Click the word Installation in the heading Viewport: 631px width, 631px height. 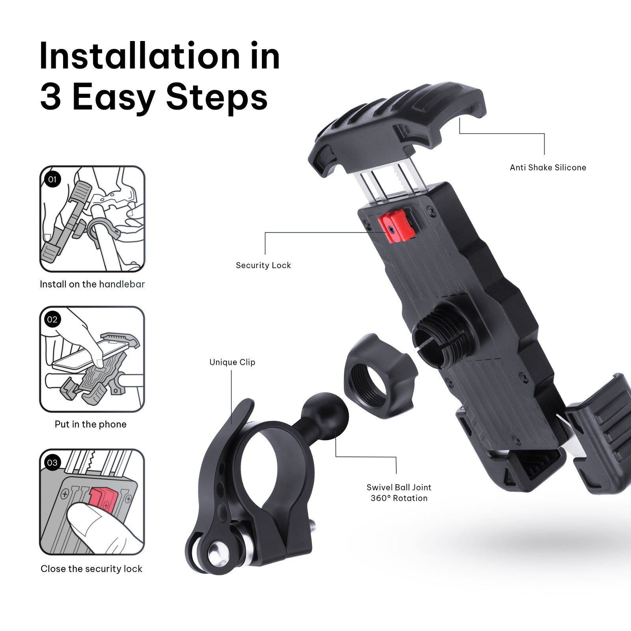(x=140, y=56)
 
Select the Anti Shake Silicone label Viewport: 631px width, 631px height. (x=548, y=168)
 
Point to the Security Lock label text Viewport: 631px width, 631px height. (x=263, y=265)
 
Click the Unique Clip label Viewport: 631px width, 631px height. (x=232, y=362)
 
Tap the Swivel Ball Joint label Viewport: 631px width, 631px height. (x=399, y=487)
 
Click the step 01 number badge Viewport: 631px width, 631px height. (x=52, y=179)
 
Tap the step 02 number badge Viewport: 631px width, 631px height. (x=52, y=319)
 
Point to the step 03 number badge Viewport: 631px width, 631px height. (x=52, y=462)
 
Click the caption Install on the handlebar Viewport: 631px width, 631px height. (x=92, y=284)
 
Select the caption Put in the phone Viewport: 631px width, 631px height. (x=91, y=424)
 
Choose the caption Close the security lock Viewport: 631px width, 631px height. (x=91, y=569)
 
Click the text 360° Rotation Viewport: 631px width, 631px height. (x=399, y=498)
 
